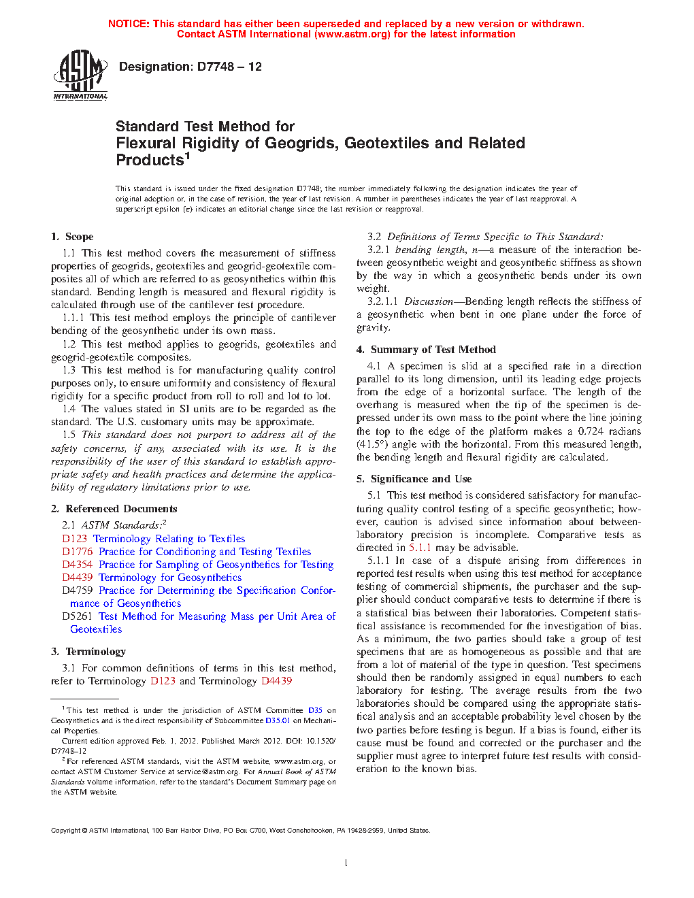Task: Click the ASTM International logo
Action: (x=80, y=76)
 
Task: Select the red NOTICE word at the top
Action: (x=129, y=24)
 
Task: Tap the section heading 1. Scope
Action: (x=72, y=237)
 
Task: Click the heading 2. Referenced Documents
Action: (x=114, y=509)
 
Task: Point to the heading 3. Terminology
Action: (x=88, y=652)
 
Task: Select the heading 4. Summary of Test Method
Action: (x=427, y=350)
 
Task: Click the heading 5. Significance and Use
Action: (x=414, y=479)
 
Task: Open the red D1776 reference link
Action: (x=78, y=552)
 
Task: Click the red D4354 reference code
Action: (x=78, y=565)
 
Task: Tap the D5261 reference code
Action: (x=78, y=616)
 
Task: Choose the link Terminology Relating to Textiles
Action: (x=169, y=539)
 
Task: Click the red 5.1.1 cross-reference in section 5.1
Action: (x=420, y=548)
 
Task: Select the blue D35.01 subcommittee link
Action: (x=278, y=720)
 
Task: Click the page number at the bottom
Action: (x=346, y=863)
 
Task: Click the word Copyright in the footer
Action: (x=66, y=831)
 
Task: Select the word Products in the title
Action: (x=150, y=161)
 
